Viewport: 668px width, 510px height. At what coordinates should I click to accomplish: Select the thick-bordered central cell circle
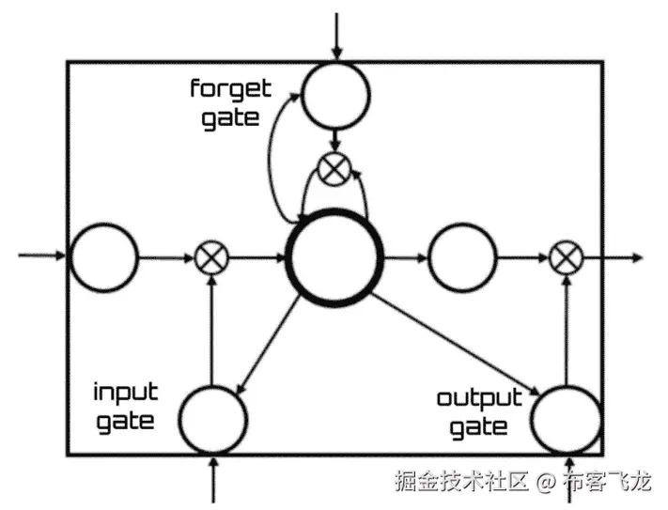[334, 256]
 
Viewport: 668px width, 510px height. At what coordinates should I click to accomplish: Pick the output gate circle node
[566, 419]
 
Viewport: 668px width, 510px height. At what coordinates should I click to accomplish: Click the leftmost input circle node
[103, 256]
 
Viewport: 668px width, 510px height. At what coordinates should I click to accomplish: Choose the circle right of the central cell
[461, 256]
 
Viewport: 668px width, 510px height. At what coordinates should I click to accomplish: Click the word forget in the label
[230, 90]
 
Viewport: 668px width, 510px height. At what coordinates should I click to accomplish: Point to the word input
[125, 390]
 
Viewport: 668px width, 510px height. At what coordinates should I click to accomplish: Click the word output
[479, 398]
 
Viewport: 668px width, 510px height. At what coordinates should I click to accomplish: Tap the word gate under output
[478, 428]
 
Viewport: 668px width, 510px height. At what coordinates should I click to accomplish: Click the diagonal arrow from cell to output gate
[456, 345]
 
